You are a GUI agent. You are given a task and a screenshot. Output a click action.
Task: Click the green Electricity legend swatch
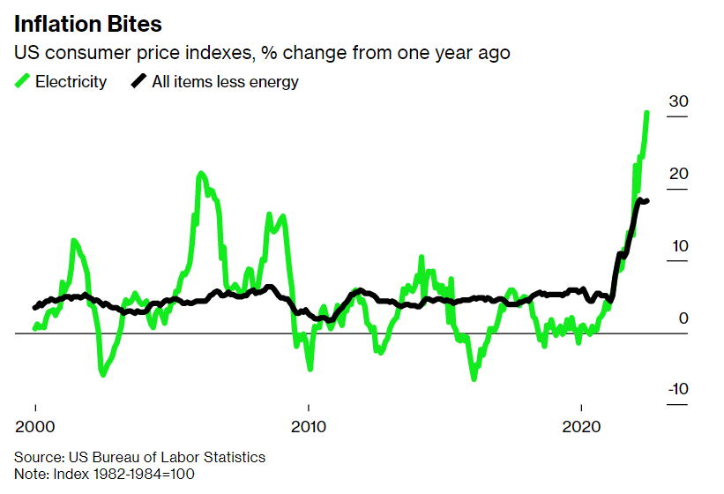23,81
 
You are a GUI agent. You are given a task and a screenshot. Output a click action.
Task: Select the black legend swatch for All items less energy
138,81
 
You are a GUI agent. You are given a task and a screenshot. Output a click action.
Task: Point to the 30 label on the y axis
677,101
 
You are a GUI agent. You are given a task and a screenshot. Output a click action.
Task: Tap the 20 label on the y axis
677,174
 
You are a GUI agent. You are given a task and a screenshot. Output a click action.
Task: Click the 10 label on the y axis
677,246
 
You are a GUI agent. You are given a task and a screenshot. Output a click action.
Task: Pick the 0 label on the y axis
683,318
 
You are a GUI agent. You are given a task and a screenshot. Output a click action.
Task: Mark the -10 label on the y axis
675,390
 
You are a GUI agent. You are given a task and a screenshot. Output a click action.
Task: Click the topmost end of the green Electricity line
647,113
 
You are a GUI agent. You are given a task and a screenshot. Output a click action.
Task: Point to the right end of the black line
647,201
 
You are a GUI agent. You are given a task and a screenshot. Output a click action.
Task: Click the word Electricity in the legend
71,82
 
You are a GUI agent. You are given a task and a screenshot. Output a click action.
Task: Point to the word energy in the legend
273,83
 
